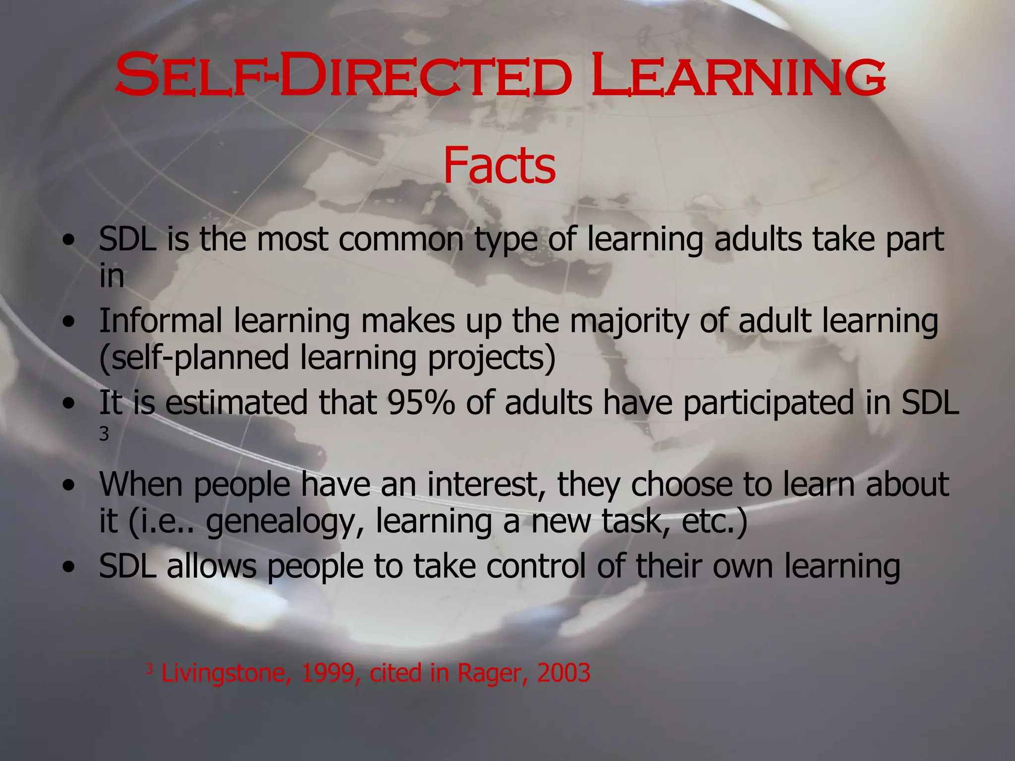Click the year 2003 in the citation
coord(564,673)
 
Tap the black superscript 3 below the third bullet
coord(104,435)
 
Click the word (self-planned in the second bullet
coord(194,358)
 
